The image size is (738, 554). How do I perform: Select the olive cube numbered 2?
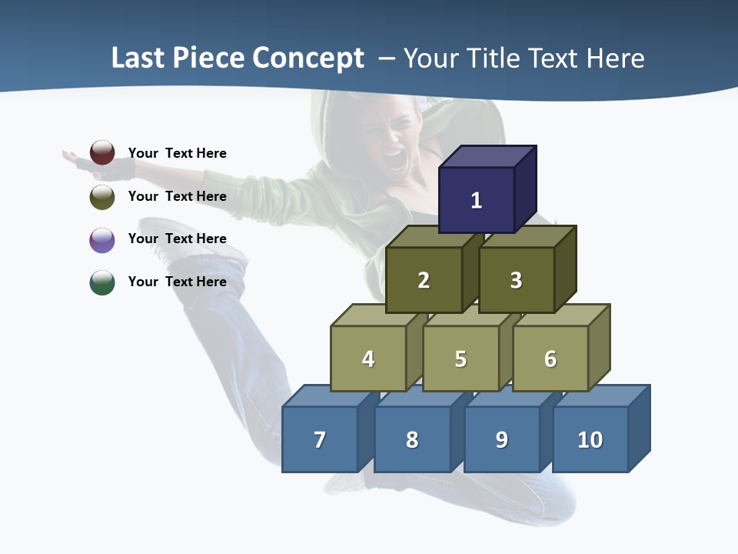click(424, 280)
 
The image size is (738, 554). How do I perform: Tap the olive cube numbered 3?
click(516, 280)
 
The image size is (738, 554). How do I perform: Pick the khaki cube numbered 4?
click(368, 359)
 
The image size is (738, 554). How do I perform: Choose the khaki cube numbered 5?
click(460, 359)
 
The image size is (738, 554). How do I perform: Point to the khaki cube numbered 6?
click(550, 359)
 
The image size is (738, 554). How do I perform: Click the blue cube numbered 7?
click(320, 439)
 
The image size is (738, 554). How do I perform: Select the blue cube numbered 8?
click(412, 439)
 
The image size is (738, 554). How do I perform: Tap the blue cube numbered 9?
click(502, 439)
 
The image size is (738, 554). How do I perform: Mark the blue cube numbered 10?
click(590, 439)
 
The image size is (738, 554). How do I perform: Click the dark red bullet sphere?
click(102, 152)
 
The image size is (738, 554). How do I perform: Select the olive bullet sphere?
click(102, 196)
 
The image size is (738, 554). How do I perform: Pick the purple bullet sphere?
click(102, 239)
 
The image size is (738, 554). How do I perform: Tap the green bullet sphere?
click(102, 282)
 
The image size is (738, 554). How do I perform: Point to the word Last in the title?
click(138, 58)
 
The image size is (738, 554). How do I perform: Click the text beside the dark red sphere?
click(178, 153)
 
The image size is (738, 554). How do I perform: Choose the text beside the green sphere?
click(178, 282)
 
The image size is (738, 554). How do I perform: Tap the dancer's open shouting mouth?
click(393, 160)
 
